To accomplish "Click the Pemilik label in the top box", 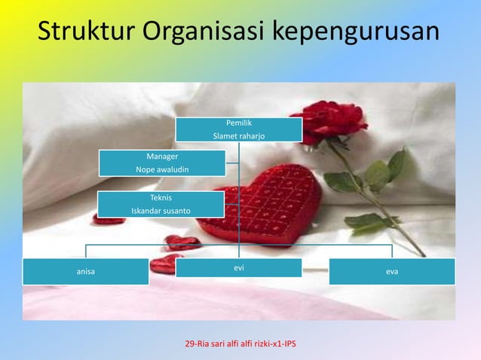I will point(239,122).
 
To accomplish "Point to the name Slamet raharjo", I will point(239,136).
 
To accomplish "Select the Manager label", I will point(162,156).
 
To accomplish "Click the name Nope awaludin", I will point(162,169).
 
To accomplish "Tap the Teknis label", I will point(161,197).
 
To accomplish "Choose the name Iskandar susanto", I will point(161,210).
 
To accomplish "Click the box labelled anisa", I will point(85,271).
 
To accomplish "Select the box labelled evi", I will point(239,267).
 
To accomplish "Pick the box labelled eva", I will point(392,271).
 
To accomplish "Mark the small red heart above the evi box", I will point(181,243).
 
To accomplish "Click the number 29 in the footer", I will point(189,344).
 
